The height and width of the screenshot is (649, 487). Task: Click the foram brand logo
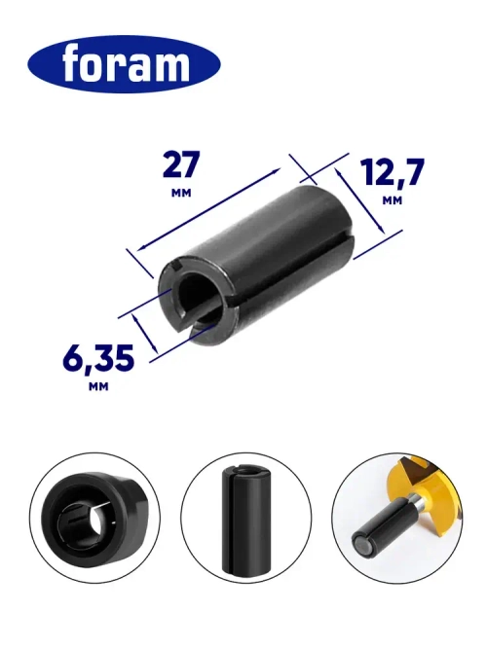tap(124, 65)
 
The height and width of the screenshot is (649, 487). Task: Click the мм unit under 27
tap(180, 194)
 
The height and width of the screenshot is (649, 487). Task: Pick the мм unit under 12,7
tap(393, 199)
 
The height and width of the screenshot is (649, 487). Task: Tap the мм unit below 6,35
tap(97, 386)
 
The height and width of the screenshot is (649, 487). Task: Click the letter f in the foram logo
tap(73, 65)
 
